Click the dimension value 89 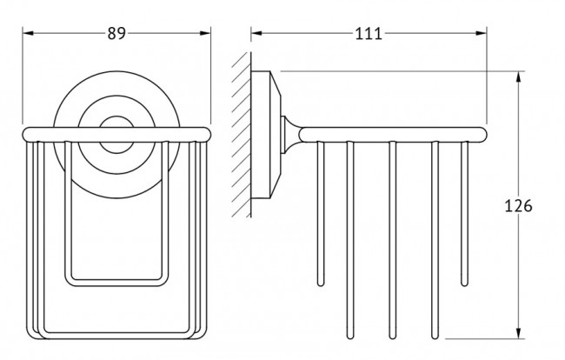point(117,33)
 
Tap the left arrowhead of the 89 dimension point(26,33)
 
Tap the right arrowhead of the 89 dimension point(207,33)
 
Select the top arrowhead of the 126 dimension point(519,76)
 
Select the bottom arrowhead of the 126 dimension point(519,334)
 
